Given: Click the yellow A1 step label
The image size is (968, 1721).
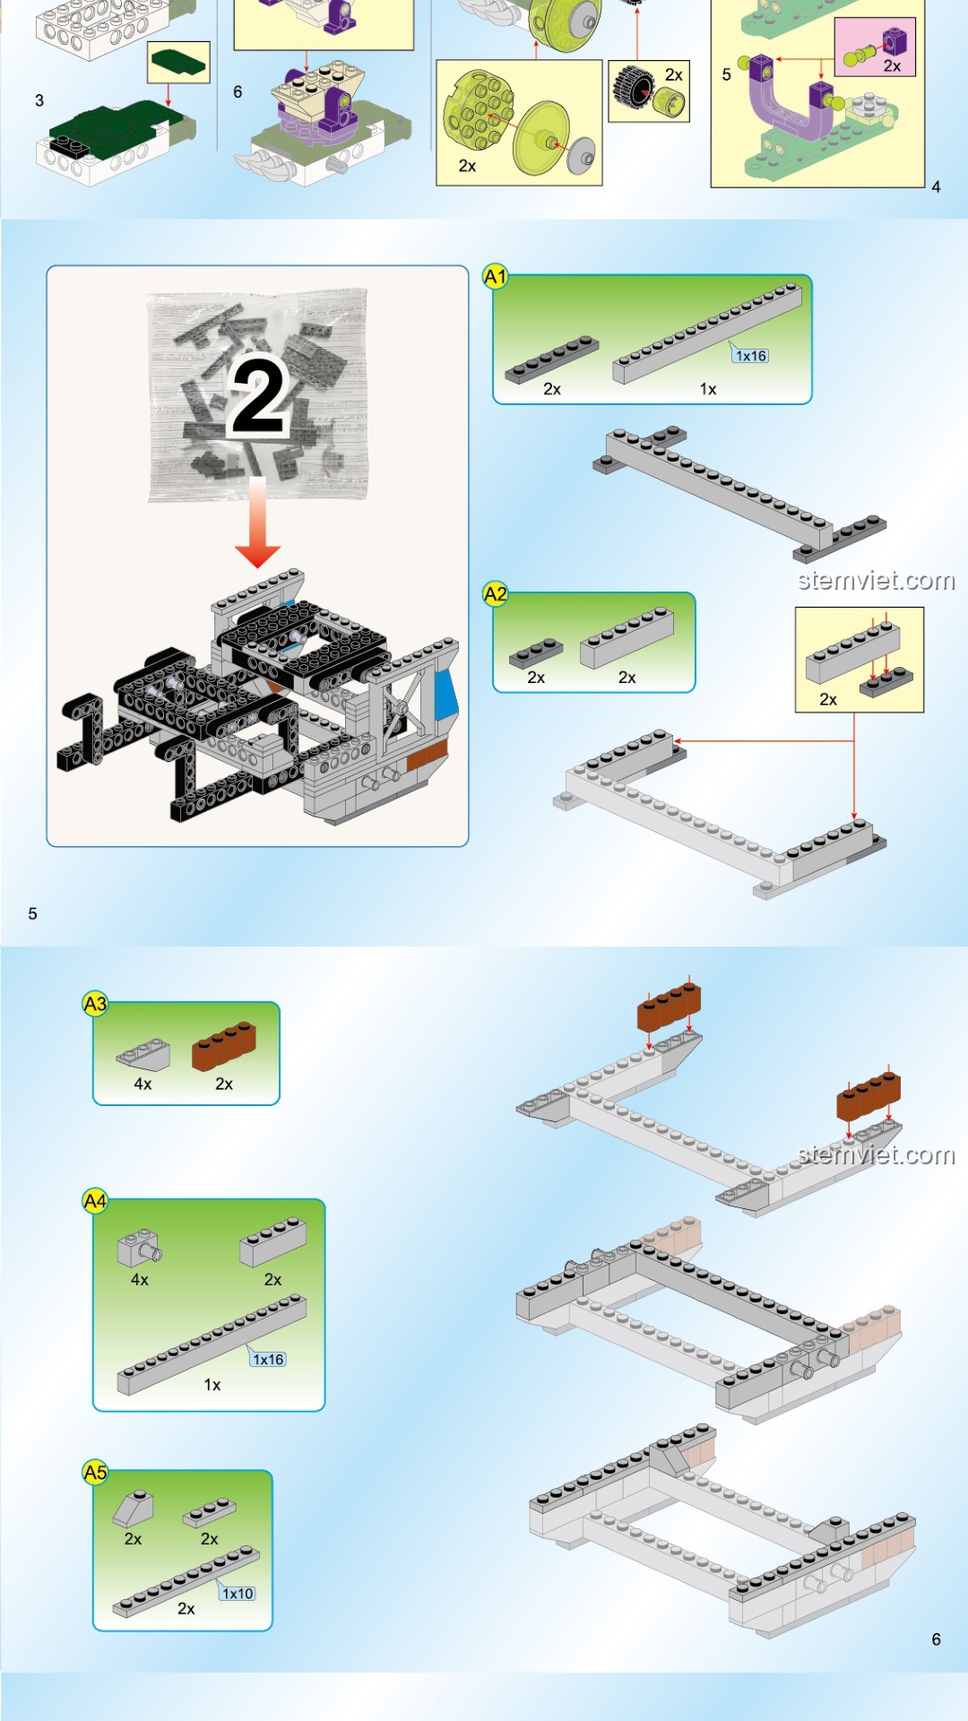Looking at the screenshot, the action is click(495, 276).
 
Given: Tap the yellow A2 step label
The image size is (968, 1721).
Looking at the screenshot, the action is click(495, 593).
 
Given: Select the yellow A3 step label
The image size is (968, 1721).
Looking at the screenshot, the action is click(95, 1004).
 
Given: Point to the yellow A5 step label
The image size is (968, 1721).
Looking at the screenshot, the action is click(95, 1472).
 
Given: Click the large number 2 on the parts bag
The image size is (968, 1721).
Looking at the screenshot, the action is click(258, 396).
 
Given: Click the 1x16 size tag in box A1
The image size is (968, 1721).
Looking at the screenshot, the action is click(750, 355).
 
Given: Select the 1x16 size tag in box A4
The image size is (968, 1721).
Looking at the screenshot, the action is click(267, 1359).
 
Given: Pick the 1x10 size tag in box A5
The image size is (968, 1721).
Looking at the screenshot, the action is click(238, 1593).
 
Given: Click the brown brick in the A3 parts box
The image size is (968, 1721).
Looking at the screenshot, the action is click(224, 1045).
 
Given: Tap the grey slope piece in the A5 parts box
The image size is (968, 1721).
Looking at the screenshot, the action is click(133, 1509).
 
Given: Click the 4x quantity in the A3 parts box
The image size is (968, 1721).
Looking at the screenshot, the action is click(143, 1084).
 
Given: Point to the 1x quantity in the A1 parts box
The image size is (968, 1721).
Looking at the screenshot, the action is click(708, 389).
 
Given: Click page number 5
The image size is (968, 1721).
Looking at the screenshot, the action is click(32, 913).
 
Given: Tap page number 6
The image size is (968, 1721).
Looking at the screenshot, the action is click(936, 1639).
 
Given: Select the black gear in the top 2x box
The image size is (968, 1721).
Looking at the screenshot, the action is click(633, 86).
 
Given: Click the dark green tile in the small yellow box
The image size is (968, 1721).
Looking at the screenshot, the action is click(178, 62).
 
